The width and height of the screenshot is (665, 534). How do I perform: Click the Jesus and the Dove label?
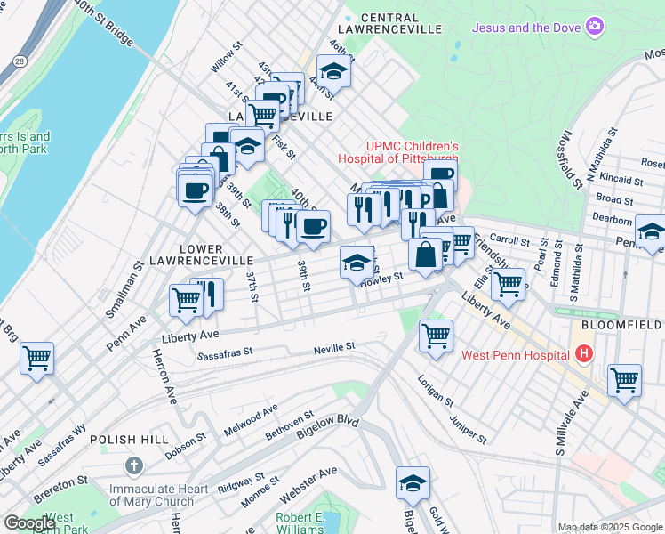click(525, 28)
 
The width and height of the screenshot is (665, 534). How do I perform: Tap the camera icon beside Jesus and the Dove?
click(593, 28)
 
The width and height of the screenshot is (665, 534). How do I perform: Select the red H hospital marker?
click(583, 355)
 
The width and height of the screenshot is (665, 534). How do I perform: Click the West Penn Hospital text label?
click(515, 355)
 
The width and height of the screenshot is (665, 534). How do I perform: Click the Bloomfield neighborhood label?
click(622, 327)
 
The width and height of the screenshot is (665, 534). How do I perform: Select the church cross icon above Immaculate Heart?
click(133, 465)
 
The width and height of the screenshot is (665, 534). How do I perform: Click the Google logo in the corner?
click(30, 523)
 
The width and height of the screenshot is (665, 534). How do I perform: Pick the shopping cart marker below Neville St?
click(436, 336)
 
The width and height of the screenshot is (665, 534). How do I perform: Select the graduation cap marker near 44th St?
click(333, 71)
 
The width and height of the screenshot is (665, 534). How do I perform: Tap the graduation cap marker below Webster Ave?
click(412, 482)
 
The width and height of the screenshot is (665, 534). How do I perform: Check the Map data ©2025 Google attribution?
click(609, 527)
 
